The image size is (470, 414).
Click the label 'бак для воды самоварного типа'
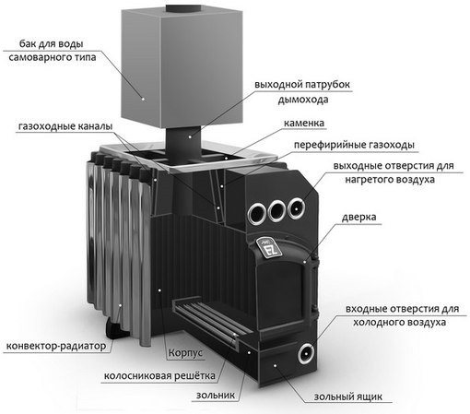(x=52, y=51)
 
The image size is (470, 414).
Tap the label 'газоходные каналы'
(x=65, y=126)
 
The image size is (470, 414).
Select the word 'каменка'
(x=304, y=124)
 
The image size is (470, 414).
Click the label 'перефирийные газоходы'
(x=354, y=145)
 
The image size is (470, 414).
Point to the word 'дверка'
(x=358, y=217)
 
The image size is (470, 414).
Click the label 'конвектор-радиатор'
(x=56, y=346)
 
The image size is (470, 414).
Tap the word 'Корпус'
(x=185, y=352)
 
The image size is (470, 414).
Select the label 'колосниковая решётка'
(x=159, y=375)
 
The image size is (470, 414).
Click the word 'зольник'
(x=216, y=395)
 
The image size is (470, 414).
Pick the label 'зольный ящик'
(x=348, y=396)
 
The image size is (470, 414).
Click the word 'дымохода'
(x=303, y=100)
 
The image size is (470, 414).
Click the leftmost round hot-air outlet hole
(x=257, y=213)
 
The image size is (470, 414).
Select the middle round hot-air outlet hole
(x=276, y=210)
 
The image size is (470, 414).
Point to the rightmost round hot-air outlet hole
(x=296, y=208)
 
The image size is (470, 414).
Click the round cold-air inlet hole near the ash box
(x=306, y=353)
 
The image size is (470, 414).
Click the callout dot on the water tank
(x=143, y=99)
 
